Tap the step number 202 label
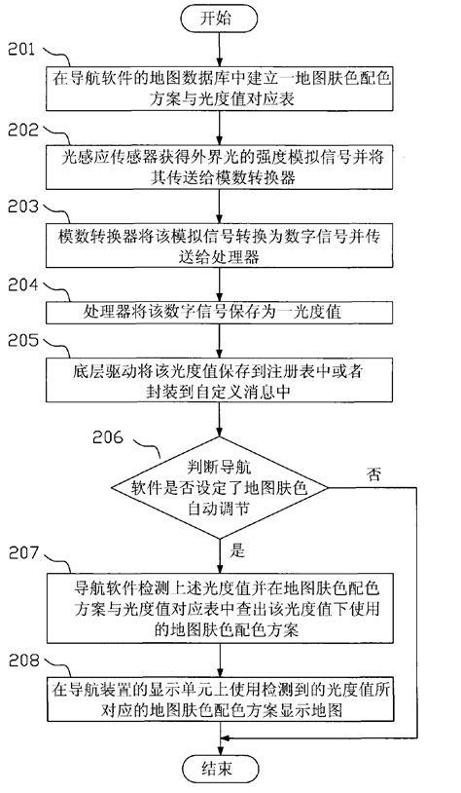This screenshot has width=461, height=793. point(20,127)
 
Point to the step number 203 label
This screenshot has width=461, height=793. point(20,207)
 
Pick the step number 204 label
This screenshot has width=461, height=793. point(20,285)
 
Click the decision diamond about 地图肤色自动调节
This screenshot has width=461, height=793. point(225,488)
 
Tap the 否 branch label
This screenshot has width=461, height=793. point(374,474)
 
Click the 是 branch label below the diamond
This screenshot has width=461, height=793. point(237,550)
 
